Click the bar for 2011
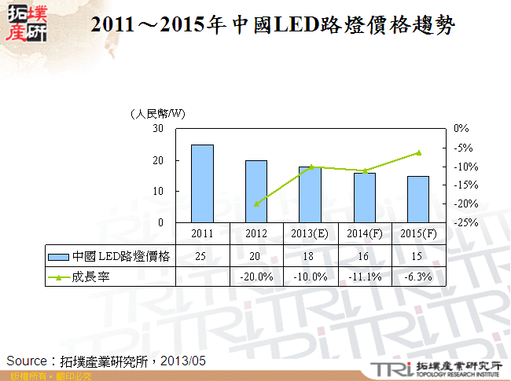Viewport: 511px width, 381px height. click(x=202, y=184)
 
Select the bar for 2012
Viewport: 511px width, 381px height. click(x=256, y=192)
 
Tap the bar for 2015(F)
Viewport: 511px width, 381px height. click(x=418, y=200)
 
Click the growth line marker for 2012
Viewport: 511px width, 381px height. click(x=256, y=204)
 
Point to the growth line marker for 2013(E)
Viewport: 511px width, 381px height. click(x=311, y=167)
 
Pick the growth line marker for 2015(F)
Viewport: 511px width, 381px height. click(x=418, y=152)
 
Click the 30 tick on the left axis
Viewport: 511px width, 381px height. click(x=159, y=128)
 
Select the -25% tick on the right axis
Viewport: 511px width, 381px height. click(x=462, y=223)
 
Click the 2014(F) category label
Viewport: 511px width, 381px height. click(x=364, y=234)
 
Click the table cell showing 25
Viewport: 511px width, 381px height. click(x=202, y=256)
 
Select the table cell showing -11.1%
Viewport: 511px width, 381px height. click(x=364, y=277)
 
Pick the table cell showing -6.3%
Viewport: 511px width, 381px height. click(x=418, y=277)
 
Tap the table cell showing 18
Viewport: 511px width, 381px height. click(x=310, y=256)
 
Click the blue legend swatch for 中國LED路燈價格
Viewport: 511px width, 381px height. click(x=58, y=256)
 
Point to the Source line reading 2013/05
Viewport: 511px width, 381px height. click(x=106, y=361)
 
